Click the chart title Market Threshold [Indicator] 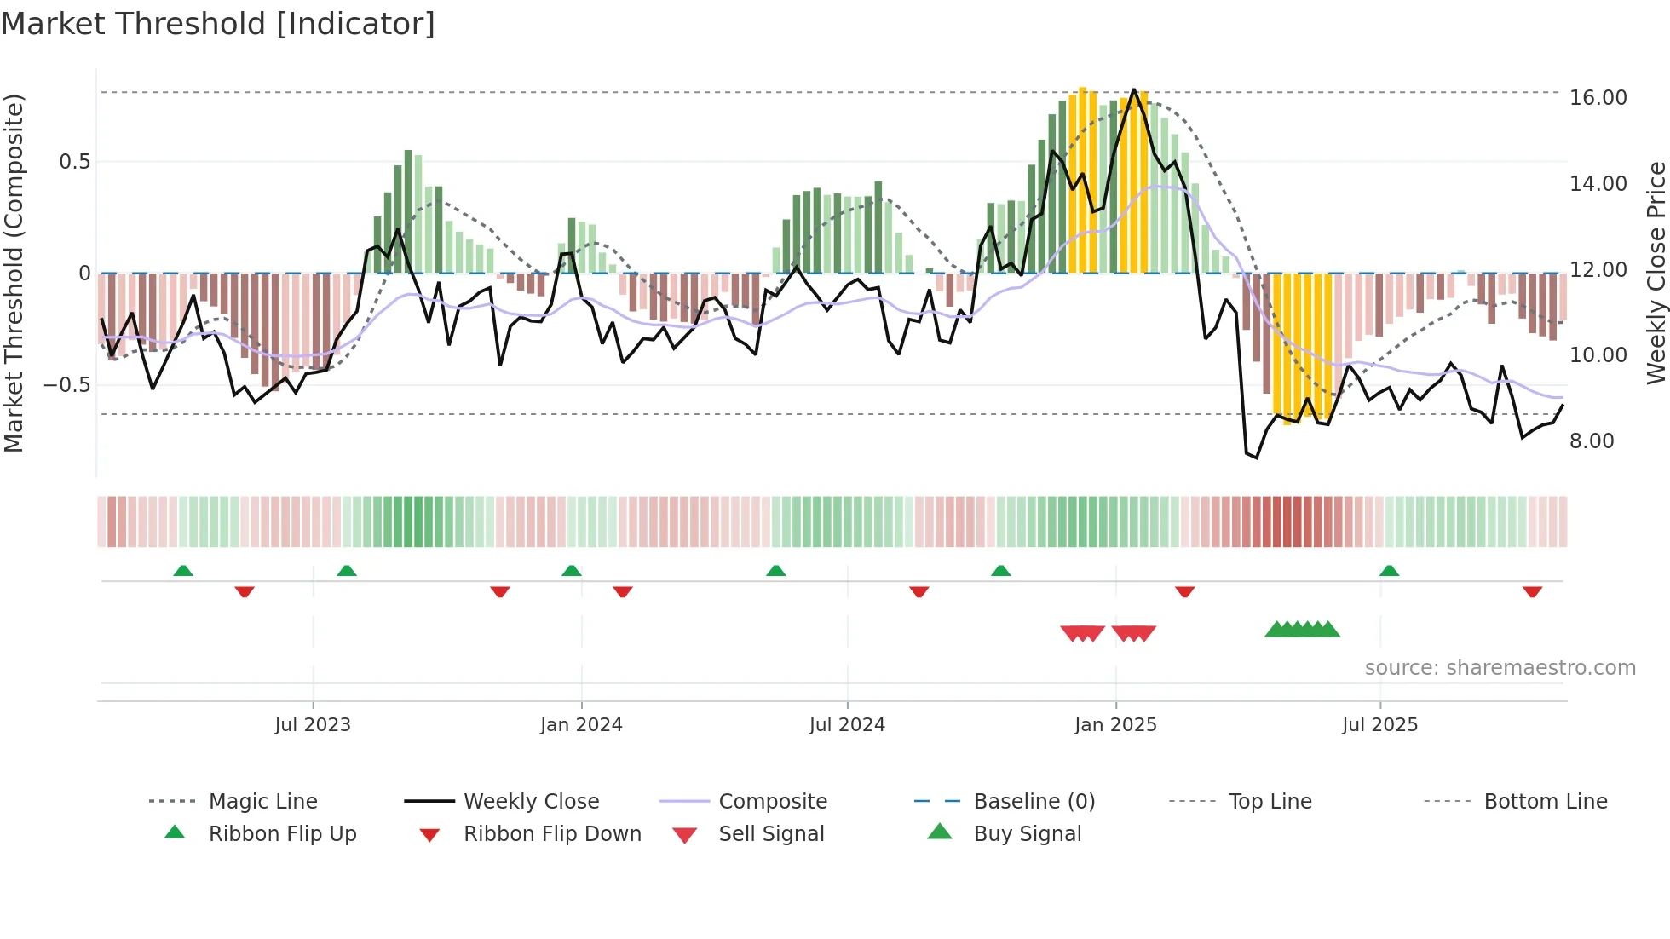pyautogui.click(x=218, y=24)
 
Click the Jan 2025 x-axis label pyautogui.click(x=1115, y=725)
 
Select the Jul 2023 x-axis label pyautogui.click(x=313, y=725)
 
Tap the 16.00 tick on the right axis pyautogui.click(x=1598, y=98)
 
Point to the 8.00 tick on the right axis pyautogui.click(x=1592, y=441)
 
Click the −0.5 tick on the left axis pyautogui.click(x=67, y=385)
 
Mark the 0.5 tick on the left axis pyautogui.click(x=74, y=162)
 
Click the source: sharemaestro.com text pyautogui.click(x=1500, y=668)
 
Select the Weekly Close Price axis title pyautogui.click(x=1656, y=273)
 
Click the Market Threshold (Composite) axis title pyautogui.click(x=14, y=273)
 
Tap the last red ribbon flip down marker pyautogui.click(x=1532, y=591)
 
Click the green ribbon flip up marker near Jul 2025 pyautogui.click(x=1389, y=571)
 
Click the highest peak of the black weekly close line pyautogui.click(x=1133, y=89)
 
